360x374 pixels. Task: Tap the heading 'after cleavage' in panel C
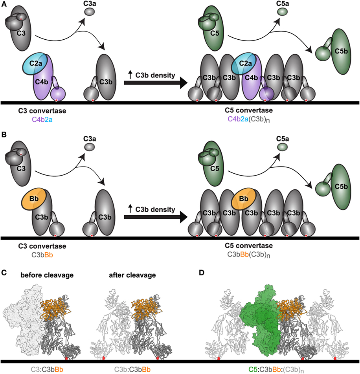pyautogui.click(x=135, y=275)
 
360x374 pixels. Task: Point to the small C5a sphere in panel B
pyautogui.click(x=282, y=147)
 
